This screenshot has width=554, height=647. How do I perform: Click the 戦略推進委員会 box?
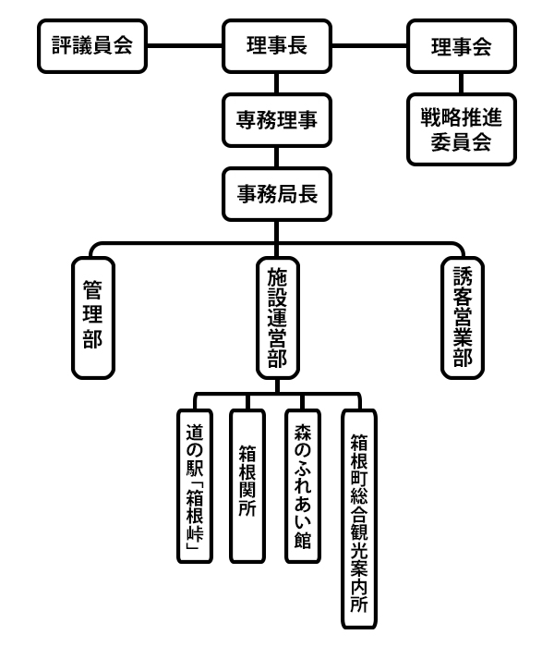(462, 130)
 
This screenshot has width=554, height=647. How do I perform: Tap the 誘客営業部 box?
(462, 317)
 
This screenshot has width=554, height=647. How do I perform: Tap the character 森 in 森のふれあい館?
(304, 432)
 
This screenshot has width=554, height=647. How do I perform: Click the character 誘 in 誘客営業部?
(462, 275)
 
